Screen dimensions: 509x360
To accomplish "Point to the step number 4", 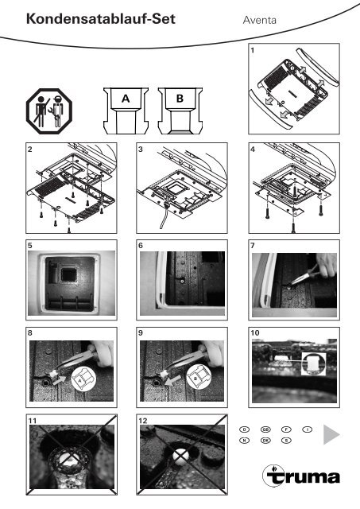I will coord(252,149).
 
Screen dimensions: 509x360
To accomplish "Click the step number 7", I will coord(252,247).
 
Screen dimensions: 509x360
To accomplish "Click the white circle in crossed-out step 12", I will coord(182,457).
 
